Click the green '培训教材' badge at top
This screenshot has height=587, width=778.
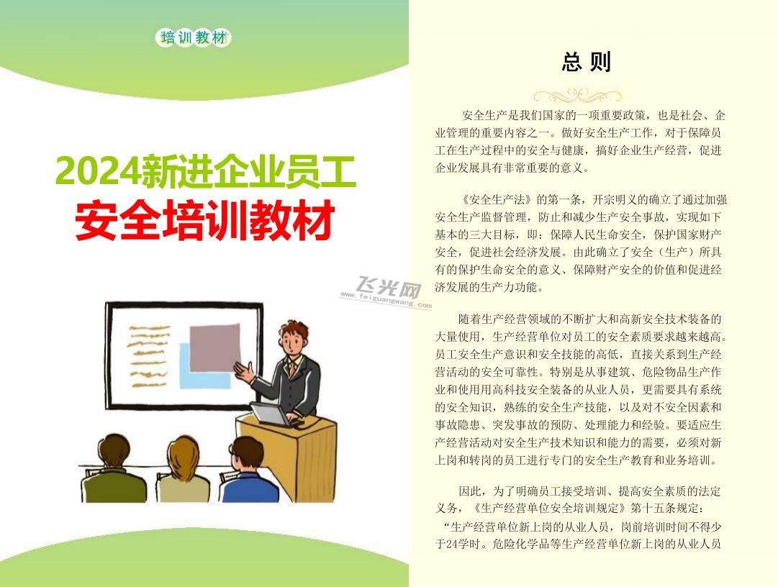click(193, 37)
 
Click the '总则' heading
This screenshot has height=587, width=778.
click(586, 62)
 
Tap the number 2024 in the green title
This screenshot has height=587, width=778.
click(97, 171)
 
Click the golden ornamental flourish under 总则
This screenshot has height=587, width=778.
click(577, 95)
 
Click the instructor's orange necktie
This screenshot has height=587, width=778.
click(293, 369)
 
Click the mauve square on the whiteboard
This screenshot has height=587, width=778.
click(214, 347)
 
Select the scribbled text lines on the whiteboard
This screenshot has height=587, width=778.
click(149, 355)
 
